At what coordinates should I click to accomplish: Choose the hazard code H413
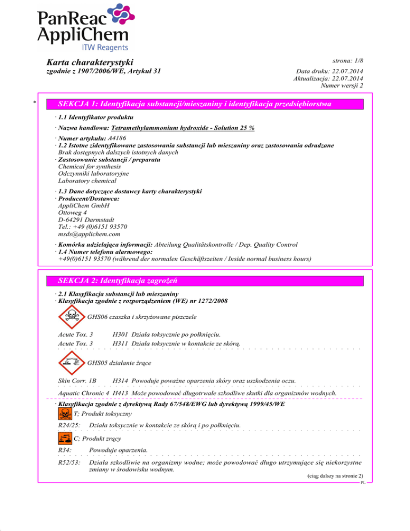click(120, 393)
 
